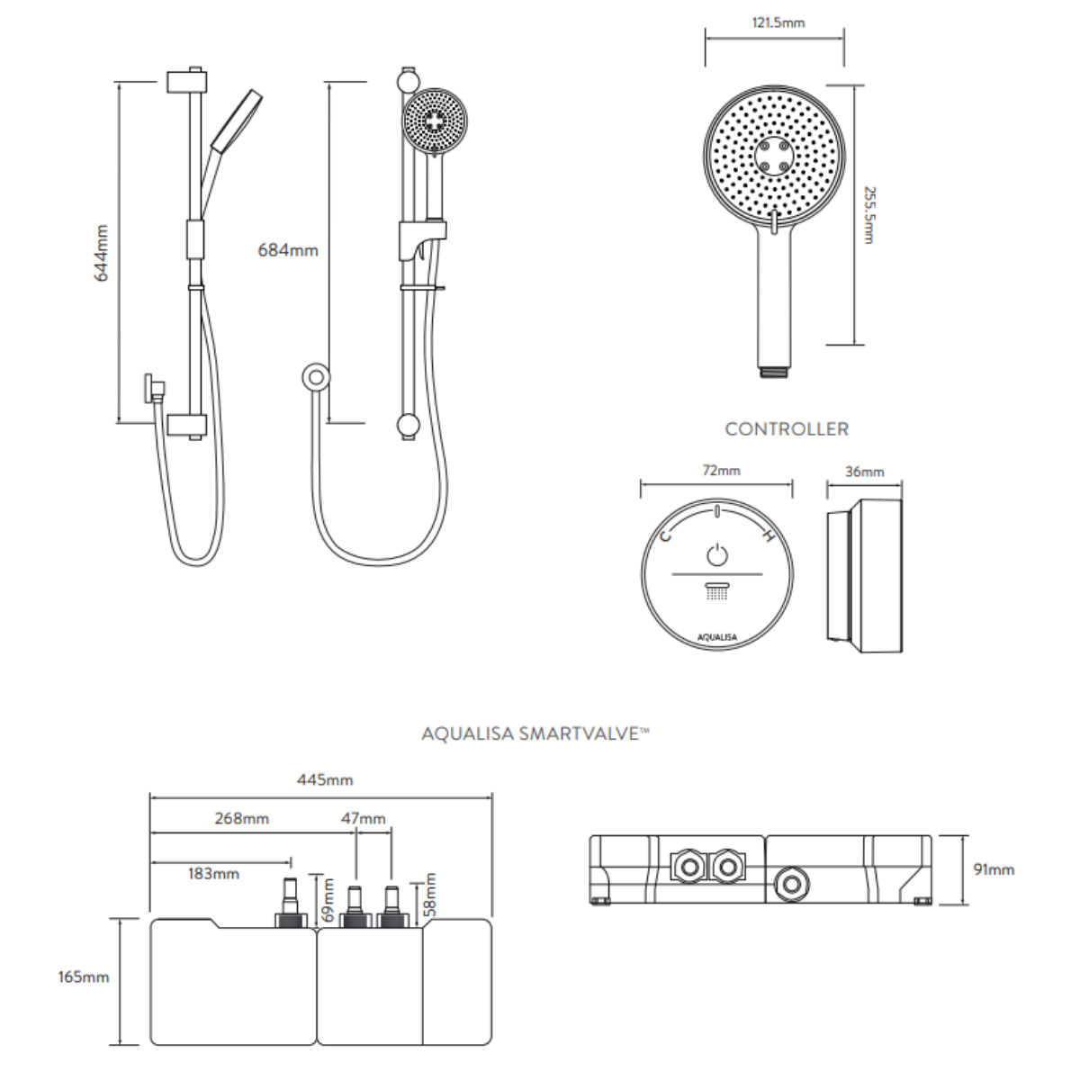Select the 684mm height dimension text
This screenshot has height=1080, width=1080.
[x=288, y=250]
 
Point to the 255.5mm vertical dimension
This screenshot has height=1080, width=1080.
[x=868, y=215]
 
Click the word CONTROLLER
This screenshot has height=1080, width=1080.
[x=787, y=428]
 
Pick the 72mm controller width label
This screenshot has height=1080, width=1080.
[x=717, y=470]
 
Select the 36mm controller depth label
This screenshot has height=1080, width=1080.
[x=865, y=471]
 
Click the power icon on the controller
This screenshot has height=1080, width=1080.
[x=716, y=553]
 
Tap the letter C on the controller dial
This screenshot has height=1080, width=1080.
[x=666, y=537]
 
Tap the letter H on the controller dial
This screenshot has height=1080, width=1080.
[x=768, y=537]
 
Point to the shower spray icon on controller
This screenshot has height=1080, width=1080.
[x=716, y=591]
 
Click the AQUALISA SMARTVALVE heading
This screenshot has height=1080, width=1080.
[x=535, y=734]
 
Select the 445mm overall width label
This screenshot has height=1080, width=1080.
[x=325, y=779]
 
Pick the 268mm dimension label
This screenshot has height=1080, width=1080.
[x=241, y=818]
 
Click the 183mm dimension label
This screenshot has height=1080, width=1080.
[x=213, y=873]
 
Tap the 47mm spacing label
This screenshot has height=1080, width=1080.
[x=364, y=818]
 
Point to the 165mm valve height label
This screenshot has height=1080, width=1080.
[x=82, y=976]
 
